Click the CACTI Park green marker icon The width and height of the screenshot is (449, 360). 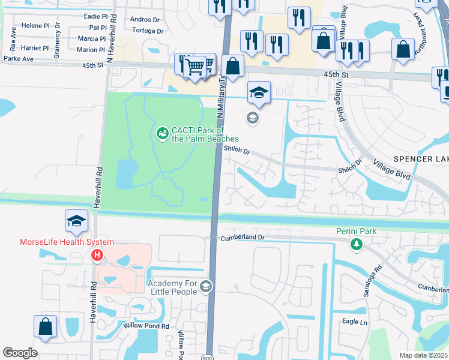162,133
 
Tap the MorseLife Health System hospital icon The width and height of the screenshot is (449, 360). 97,256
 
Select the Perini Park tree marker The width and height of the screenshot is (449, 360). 357,244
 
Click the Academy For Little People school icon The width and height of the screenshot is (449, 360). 206,286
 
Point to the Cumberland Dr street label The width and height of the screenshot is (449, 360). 243,238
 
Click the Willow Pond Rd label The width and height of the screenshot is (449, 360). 146,326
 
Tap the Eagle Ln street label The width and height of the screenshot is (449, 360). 354,322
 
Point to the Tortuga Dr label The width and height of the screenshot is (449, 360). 146,31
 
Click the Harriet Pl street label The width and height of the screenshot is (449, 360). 35,48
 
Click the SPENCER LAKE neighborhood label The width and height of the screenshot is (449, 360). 421,159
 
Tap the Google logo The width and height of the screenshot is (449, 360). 20,352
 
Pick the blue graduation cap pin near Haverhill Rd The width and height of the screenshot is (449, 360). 76,221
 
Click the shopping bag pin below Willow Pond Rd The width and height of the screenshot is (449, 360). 45,327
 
